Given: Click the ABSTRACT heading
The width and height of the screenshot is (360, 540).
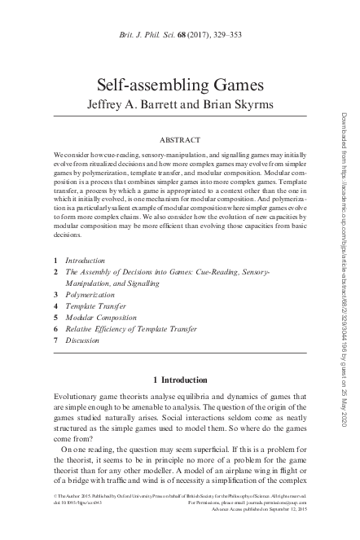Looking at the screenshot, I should (x=175, y=139).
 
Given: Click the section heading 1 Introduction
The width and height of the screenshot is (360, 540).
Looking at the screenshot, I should (x=175, y=380).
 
